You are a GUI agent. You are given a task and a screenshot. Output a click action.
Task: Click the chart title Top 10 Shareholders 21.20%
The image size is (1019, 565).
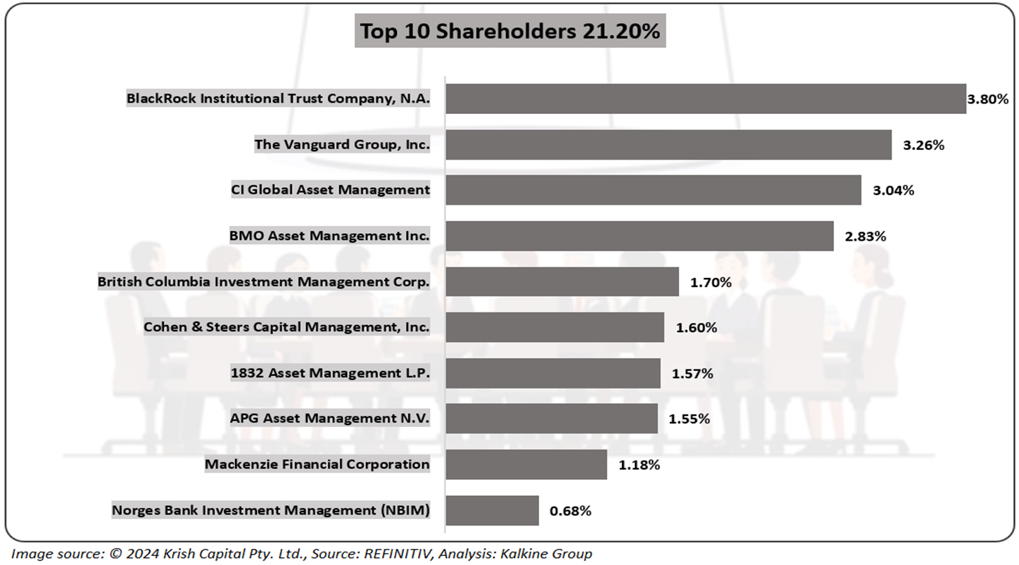pyautogui.click(x=509, y=32)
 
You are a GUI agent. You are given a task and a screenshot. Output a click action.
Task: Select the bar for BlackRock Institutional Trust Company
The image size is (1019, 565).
pyautogui.click(x=705, y=99)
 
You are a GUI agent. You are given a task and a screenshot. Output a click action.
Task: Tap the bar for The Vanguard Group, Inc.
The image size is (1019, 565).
pyautogui.click(x=668, y=144)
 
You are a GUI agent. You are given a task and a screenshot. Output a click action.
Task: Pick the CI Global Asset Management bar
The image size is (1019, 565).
pyautogui.click(x=653, y=190)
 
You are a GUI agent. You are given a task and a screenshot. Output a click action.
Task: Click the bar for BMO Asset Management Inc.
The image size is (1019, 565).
pyautogui.click(x=639, y=236)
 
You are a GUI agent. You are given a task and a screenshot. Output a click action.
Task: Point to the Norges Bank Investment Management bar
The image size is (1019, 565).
pyautogui.click(x=492, y=510)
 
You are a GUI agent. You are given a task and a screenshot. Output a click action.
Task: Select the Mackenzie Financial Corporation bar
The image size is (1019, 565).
pyautogui.click(x=526, y=464)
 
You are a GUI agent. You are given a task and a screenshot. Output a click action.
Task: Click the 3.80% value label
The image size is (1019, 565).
pyautogui.click(x=988, y=99)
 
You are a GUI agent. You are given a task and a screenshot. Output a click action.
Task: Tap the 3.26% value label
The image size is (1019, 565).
pyautogui.click(x=923, y=145)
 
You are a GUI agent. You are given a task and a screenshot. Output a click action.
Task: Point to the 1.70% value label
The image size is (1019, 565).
pyautogui.click(x=711, y=282)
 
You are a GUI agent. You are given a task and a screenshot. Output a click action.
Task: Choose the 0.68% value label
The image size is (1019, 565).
pyautogui.click(x=570, y=511)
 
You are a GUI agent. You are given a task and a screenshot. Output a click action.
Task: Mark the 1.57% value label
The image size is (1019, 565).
pyautogui.click(x=692, y=374)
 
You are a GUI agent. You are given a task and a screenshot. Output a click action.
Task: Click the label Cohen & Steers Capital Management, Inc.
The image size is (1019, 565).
pyautogui.click(x=286, y=327)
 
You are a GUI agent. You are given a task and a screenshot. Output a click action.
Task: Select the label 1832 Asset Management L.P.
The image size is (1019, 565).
pyautogui.click(x=330, y=373)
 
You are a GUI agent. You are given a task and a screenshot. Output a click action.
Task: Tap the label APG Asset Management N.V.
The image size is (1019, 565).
pyautogui.click(x=329, y=419)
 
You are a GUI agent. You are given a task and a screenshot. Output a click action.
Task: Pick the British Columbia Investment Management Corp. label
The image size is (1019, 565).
pyautogui.click(x=263, y=281)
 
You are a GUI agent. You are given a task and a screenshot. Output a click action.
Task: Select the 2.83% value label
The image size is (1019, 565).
pyautogui.click(x=865, y=236)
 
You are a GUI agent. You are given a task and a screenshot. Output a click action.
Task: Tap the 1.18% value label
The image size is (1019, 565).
pyautogui.click(x=639, y=465)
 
